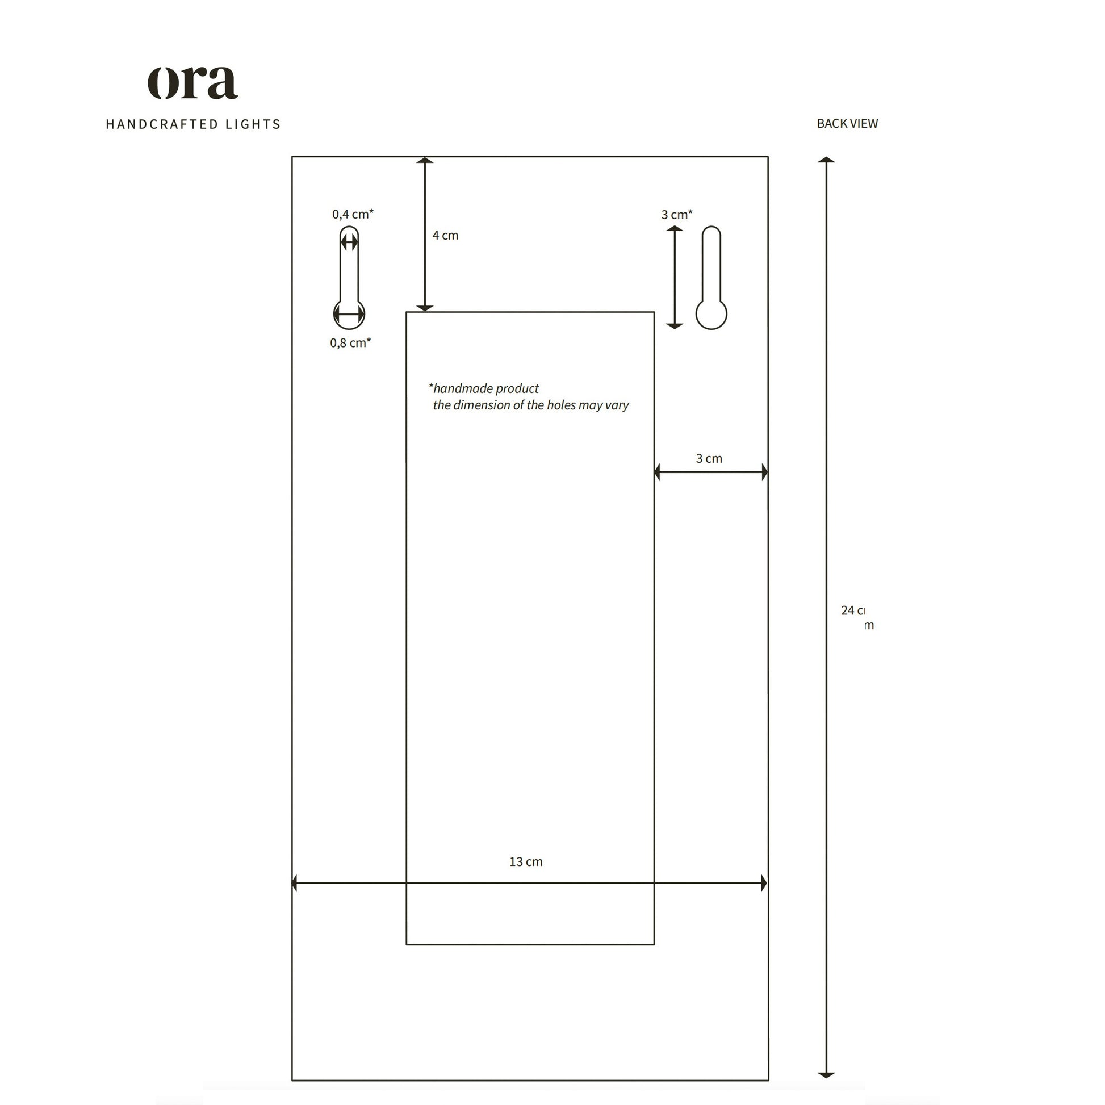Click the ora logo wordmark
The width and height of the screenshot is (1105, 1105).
192,83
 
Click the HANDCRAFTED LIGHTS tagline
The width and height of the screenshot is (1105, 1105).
192,124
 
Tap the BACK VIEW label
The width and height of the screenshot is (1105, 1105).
847,124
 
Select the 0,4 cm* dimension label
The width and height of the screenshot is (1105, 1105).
352,215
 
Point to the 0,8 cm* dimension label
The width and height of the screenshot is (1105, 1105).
350,343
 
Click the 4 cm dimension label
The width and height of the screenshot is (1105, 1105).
445,236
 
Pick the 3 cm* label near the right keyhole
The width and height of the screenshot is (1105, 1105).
677,215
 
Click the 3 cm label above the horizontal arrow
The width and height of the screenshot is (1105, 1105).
709,459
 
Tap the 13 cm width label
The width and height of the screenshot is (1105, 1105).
526,862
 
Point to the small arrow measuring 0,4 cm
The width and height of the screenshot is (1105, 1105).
349,242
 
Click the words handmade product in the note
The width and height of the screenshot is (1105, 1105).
485,389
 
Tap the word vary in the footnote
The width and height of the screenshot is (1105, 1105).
617,405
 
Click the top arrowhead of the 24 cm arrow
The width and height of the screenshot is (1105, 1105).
826,160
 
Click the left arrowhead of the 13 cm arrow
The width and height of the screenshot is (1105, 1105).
295,883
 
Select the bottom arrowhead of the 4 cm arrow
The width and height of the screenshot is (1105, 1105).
424,308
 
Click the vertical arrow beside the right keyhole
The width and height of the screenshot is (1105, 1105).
675,278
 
